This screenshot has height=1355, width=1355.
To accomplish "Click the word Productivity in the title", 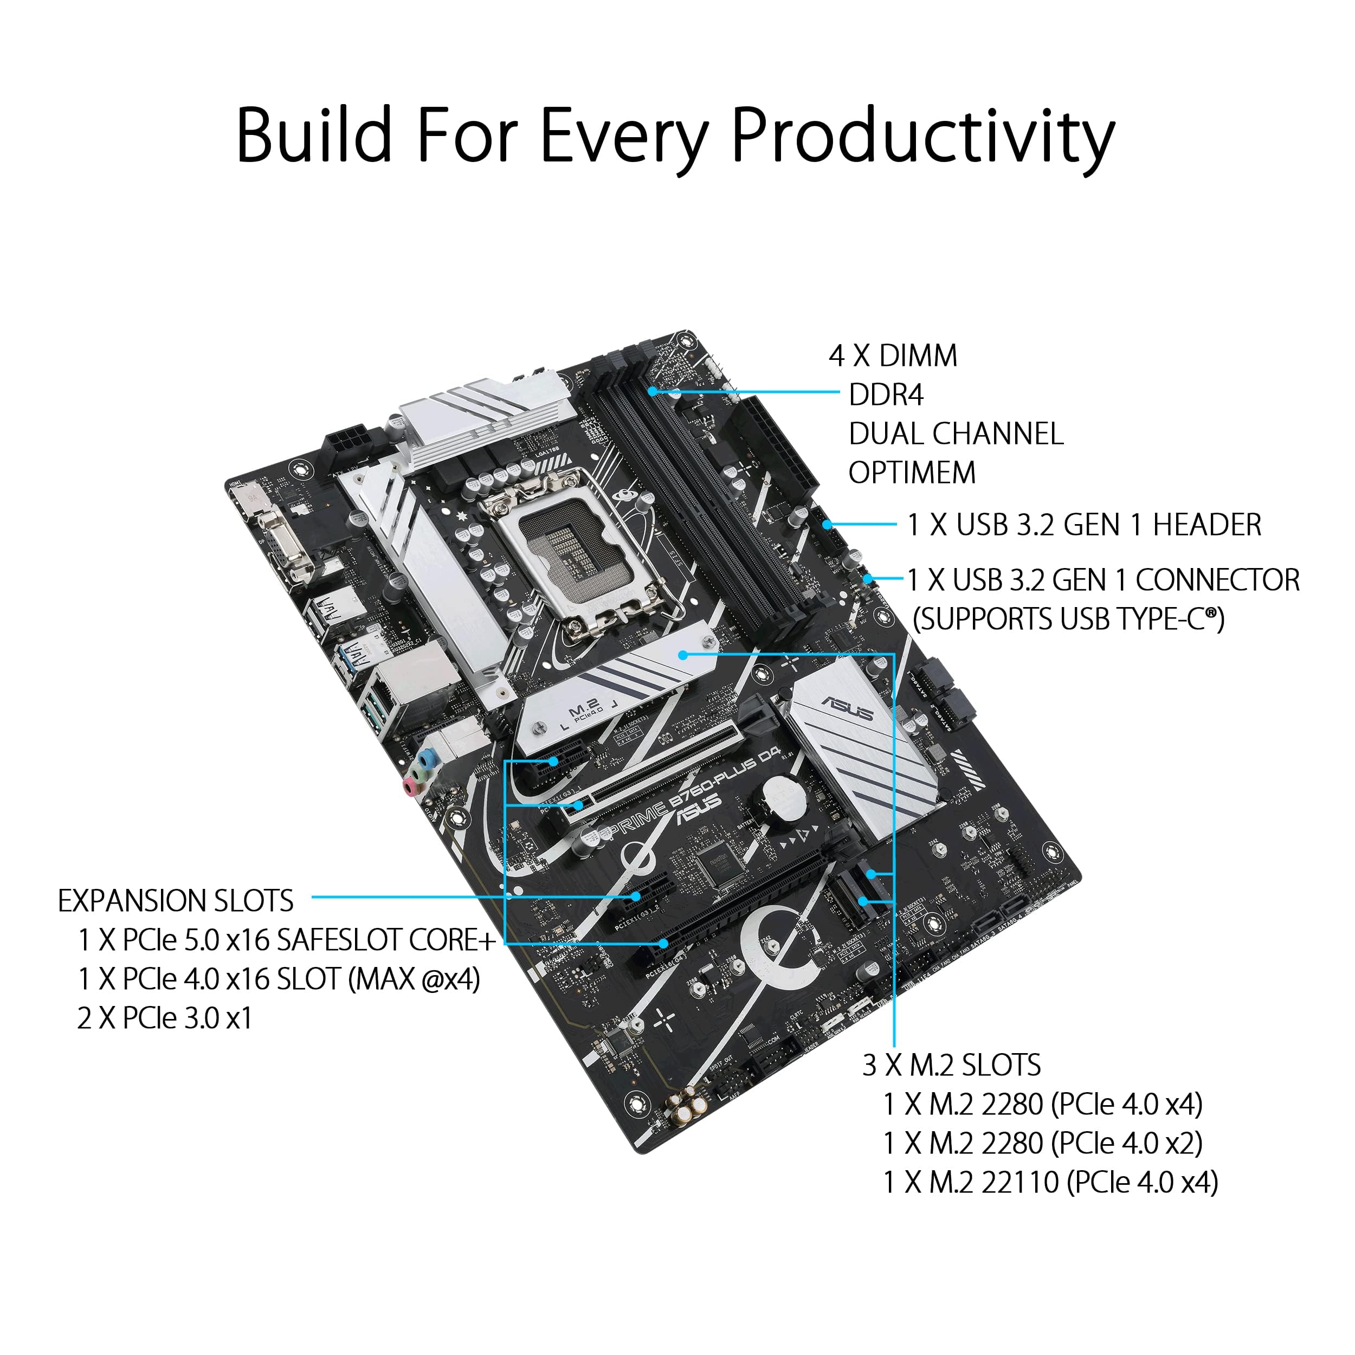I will [922, 137].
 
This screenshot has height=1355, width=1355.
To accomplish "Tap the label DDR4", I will [886, 396].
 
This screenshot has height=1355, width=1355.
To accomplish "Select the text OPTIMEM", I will [912, 473].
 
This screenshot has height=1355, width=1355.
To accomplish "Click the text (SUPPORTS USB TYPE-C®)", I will [1068, 620].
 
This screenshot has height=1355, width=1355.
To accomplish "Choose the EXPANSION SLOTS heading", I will [175, 901].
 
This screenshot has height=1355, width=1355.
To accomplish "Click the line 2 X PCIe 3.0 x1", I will [165, 1018].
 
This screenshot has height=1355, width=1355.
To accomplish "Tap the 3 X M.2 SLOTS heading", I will [951, 1066].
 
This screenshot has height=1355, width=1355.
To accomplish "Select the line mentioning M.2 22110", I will [1050, 1183].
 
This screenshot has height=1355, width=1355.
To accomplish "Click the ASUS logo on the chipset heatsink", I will [847, 709].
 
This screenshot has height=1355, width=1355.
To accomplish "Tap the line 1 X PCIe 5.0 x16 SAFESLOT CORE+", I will [286, 940].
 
